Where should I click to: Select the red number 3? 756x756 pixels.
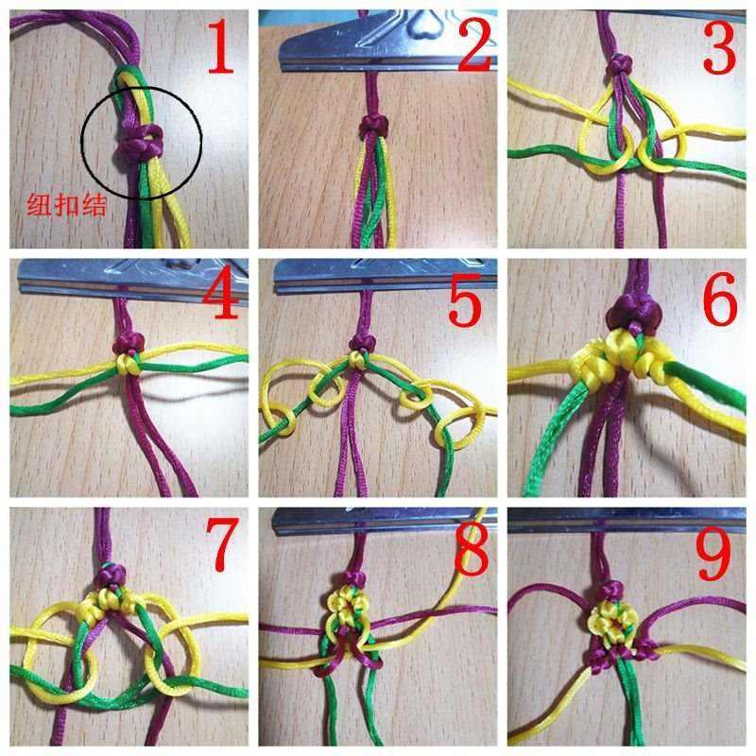tap(721, 52)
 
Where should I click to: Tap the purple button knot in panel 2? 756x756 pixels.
tap(373, 126)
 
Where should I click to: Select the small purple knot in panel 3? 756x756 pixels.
tap(620, 65)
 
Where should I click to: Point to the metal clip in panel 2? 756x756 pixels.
tap(378, 38)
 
